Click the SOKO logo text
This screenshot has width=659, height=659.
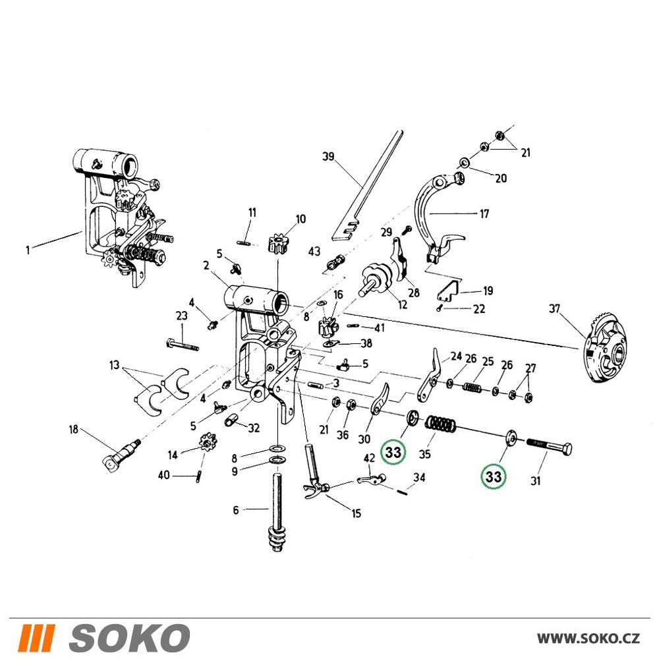coord(129,637)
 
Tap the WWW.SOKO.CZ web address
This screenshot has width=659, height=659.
coord(588,638)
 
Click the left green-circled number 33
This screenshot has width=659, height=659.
coord(393,452)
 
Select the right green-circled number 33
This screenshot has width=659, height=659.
coord(494,476)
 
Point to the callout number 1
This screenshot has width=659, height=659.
coord(28,250)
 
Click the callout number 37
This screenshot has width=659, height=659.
coord(555,309)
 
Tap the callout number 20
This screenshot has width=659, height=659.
coord(501,178)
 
